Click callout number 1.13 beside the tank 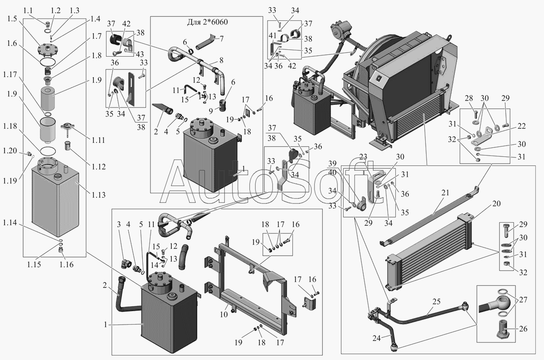(98, 195)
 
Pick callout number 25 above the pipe (437, 302)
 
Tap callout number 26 (524, 329)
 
